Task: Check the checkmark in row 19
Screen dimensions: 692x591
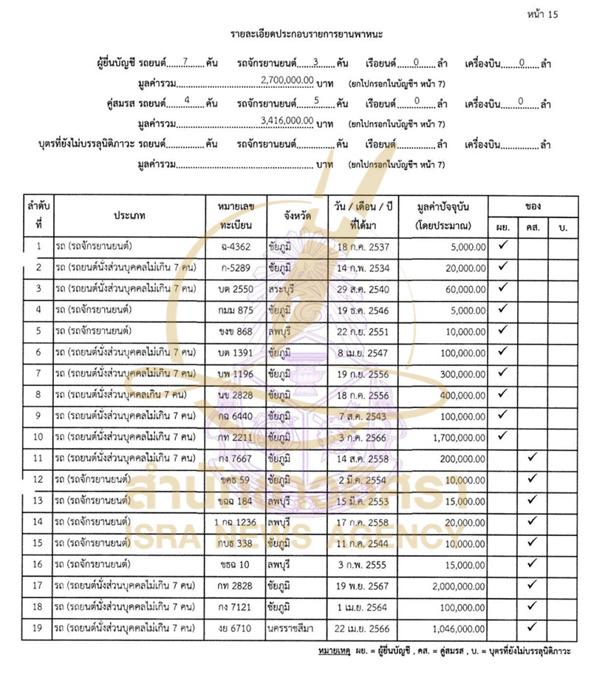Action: click(x=532, y=628)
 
